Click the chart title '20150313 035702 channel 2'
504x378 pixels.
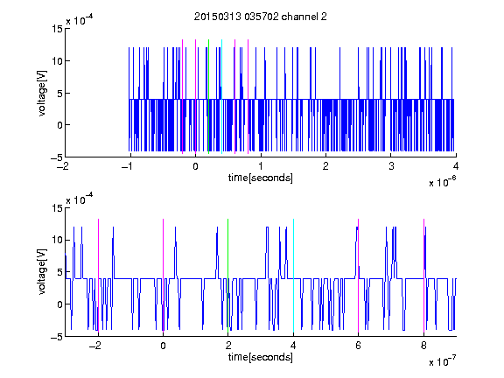(261, 17)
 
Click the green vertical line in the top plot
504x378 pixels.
(208, 96)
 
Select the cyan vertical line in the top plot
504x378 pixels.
(221, 96)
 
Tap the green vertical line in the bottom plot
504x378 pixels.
(227, 276)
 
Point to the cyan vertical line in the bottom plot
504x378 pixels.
(293, 276)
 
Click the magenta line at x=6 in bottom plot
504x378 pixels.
(359, 276)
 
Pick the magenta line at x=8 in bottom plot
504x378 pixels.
(424, 276)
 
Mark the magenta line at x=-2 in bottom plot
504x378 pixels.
(98, 276)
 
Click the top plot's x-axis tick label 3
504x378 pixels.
(391, 166)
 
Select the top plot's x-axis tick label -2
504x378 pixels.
(63, 166)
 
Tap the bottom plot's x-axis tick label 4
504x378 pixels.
(293, 346)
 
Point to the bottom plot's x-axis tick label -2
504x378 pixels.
(95, 346)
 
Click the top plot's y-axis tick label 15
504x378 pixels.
(57, 29)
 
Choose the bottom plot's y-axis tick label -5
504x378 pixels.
(57, 337)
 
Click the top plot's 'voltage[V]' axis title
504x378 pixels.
(42, 94)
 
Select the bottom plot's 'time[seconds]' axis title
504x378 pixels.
(261, 357)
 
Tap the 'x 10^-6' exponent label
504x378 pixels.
(442, 181)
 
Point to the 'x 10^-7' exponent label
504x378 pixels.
(442, 360)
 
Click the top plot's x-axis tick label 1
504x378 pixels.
(261, 166)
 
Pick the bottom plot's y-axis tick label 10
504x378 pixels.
(57, 240)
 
